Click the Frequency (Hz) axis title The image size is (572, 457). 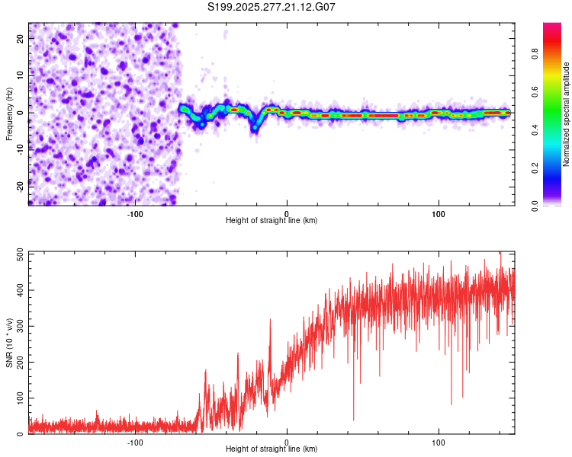[9, 114]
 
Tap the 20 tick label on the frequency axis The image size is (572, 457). [21, 40]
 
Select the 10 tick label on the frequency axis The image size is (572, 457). [21, 75]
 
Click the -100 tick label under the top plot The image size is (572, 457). [135, 213]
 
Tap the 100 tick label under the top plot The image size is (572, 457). [439, 213]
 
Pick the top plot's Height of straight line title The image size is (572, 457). [272, 221]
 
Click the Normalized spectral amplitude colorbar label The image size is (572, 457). [567, 114]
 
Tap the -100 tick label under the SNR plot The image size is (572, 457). [135, 441]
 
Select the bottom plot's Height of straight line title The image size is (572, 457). [272, 449]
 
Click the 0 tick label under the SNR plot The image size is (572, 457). [287, 441]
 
